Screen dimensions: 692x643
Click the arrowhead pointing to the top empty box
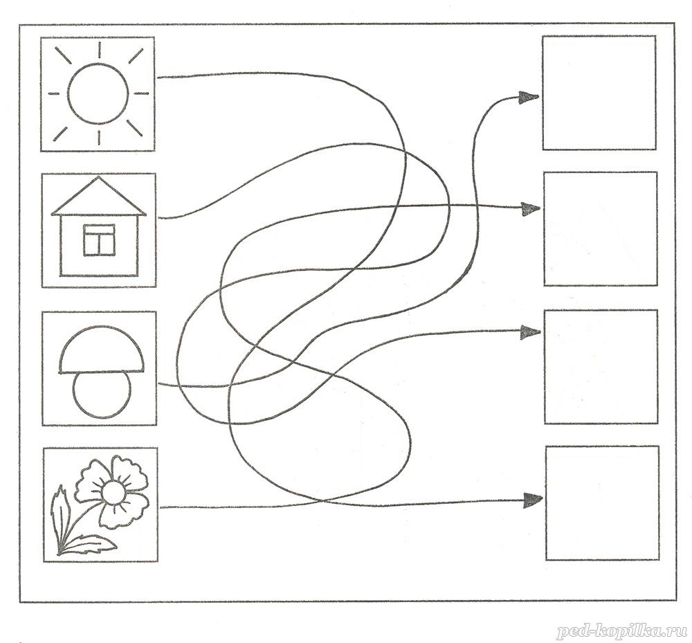(x=528, y=98)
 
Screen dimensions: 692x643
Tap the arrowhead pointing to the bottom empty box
(x=532, y=500)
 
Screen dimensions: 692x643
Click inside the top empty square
(x=599, y=93)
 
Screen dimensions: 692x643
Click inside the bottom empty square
(x=603, y=503)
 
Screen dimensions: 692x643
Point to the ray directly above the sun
(x=99, y=49)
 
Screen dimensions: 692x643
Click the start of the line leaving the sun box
(x=158, y=78)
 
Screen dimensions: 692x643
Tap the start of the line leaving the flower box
(x=161, y=507)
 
